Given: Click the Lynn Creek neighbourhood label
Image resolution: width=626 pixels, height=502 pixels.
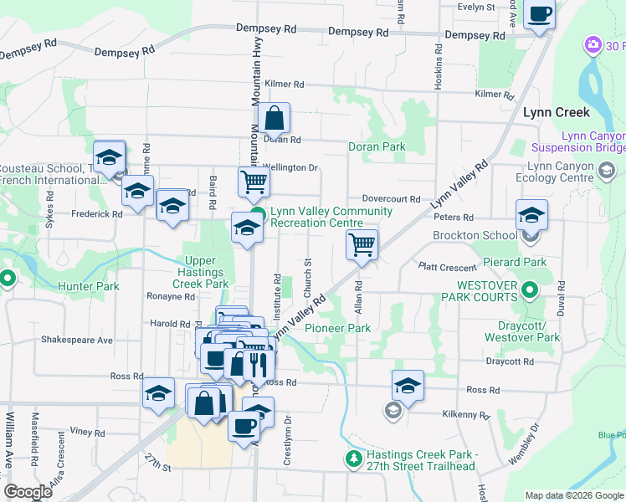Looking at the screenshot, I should [556, 112].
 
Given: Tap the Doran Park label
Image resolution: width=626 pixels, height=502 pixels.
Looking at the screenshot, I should [377, 146].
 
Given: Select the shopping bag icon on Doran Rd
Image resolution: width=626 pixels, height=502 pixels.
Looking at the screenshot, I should [274, 120].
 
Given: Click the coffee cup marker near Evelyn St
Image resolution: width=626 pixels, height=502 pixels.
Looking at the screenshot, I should [540, 13].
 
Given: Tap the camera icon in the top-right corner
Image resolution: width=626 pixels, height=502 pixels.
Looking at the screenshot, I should [593, 44].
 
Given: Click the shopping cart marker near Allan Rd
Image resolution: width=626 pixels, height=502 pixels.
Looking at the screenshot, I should [362, 246].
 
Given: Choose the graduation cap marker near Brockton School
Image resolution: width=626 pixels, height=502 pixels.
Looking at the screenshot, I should [531, 217].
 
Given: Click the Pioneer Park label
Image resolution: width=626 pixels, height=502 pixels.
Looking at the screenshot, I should [337, 329].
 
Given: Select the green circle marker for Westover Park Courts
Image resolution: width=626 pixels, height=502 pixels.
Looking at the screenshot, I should [529, 291].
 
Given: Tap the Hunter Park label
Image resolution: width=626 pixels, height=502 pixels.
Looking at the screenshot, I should [88, 286].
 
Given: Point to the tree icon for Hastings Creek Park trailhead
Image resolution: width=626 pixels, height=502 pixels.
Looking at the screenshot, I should [353, 458].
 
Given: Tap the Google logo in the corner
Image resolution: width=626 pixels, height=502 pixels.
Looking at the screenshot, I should [28, 492].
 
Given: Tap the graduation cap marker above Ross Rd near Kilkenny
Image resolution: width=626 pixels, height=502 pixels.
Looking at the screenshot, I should [408, 386].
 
